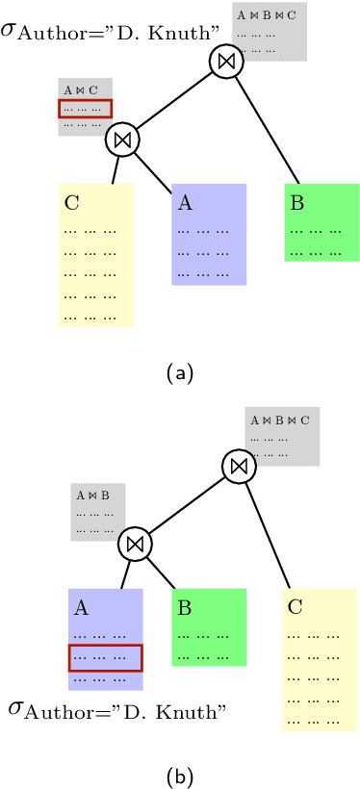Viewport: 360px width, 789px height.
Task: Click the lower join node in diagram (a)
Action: [122, 139]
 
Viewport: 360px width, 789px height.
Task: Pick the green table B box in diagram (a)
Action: [321, 223]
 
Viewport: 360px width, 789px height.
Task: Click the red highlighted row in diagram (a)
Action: [86, 109]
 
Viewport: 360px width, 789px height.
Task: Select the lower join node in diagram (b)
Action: [136, 545]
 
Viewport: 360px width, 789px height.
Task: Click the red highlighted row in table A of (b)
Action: [106, 657]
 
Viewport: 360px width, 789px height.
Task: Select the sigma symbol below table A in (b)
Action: [16, 710]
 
